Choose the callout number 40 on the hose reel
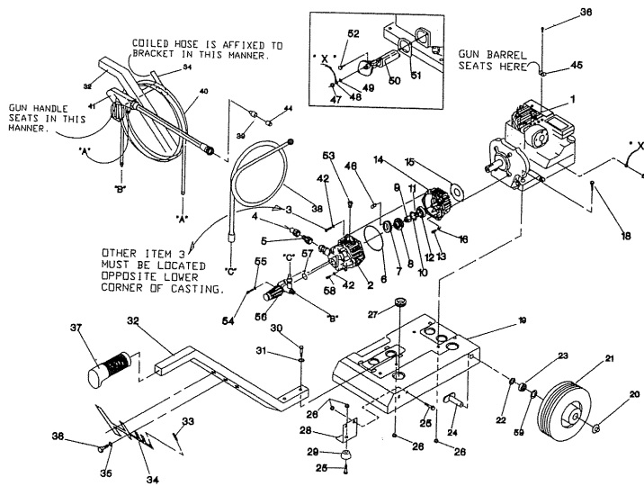click(x=203, y=90)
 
